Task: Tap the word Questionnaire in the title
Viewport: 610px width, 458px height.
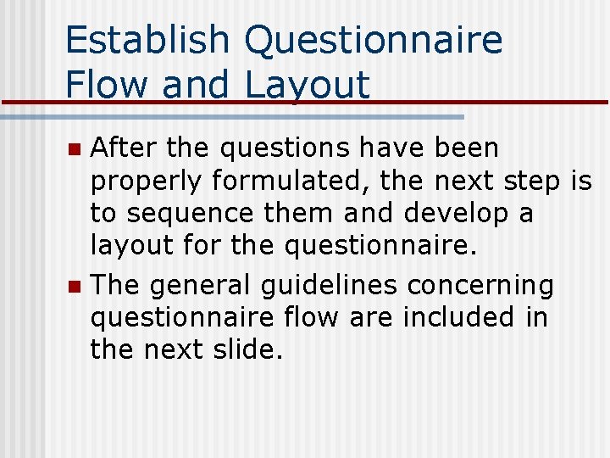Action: coord(373,41)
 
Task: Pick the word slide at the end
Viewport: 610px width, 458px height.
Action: coord(245,350)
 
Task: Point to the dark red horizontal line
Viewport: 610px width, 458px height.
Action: coord(508,103)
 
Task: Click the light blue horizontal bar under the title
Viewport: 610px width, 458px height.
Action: coord(254,116)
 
